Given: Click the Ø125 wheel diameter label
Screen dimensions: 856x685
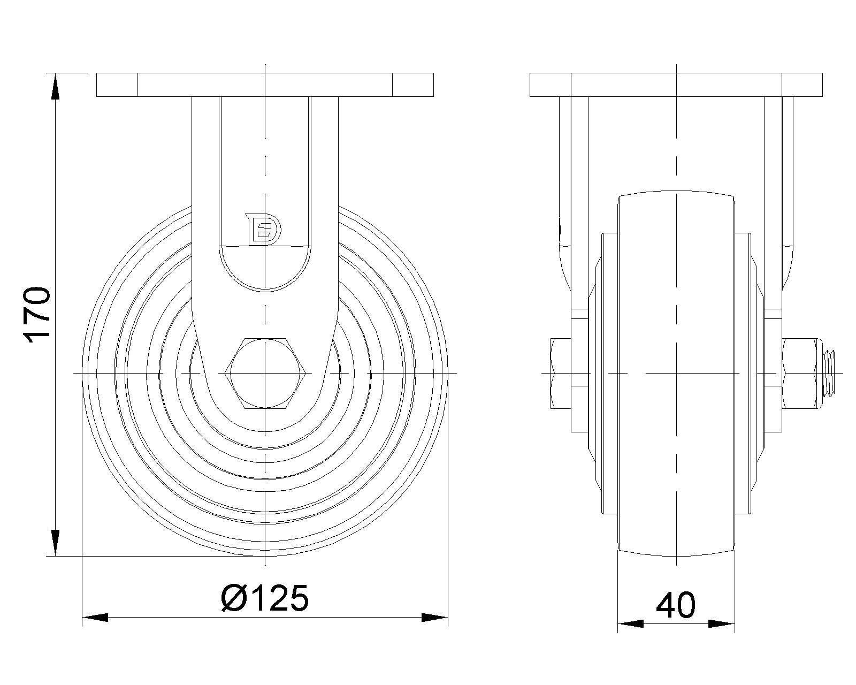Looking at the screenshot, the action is click(x=265, y=598).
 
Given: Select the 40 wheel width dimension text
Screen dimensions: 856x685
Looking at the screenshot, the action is click(x=675, y=605).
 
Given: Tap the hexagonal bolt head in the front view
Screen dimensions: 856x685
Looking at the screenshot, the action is click(x=265, y=374).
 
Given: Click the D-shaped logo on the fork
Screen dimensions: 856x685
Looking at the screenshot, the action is click(x=264, y=229).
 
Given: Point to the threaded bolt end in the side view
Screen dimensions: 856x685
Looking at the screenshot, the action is click(x=829, y=374).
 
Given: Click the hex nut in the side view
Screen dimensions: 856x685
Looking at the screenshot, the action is click(x=802, y=374).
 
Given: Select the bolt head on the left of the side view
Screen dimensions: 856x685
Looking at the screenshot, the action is click(x=561, y=374).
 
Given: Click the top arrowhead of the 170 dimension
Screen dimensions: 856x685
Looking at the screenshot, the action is click(x=55, y=86).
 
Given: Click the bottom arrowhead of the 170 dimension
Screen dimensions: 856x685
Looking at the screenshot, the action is click(x=55, y=543).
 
